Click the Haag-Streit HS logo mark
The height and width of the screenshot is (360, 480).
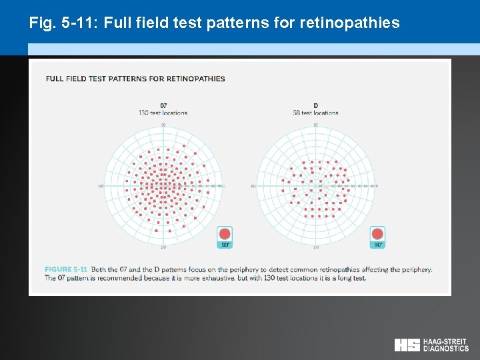[x=407, y=345]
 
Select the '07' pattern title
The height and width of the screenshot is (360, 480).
[x=163, y=105]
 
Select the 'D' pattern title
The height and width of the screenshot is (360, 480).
[x=316, y=105]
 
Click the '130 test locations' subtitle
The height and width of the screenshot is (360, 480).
[x=163, y=113]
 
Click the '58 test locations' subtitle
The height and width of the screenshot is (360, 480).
[x=316, y=113]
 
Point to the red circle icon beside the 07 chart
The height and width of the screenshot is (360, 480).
[x=225, y=234]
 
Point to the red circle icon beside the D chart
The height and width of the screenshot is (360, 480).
[x=377, y=234]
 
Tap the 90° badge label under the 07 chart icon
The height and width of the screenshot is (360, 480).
[x=225, y=245]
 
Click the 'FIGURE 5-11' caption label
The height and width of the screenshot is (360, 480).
[x=67, y=269]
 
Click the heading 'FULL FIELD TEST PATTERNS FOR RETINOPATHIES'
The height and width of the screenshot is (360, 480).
[x=135, y=79]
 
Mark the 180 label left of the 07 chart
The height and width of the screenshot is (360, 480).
[x=101, y=186]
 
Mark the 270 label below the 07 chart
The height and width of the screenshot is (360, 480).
[x=163, y=247]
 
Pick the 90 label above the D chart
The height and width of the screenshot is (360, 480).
[x=316, y=125]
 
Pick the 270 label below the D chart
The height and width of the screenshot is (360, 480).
[x=316, y=247]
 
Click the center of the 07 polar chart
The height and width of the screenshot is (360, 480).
[x=163, y=186]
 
